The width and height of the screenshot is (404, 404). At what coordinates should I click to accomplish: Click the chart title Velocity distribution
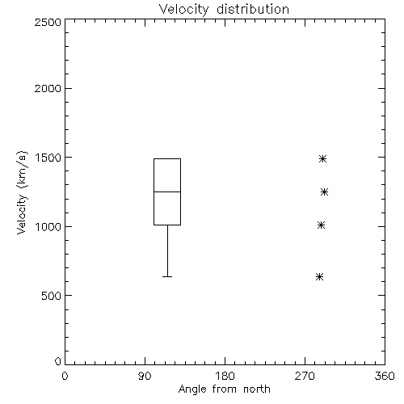point(224,10)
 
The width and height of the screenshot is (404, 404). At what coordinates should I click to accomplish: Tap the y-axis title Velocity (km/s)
point(22,192)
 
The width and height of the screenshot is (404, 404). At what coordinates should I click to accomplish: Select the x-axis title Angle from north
point(224,389)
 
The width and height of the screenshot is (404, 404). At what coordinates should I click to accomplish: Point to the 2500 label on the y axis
point(48,22)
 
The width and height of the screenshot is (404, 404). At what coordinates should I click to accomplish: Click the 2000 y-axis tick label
point(48,88)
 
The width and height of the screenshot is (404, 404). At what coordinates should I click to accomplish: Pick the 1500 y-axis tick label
point(48,158)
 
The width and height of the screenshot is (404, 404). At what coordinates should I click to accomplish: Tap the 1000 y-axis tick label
point(48,226)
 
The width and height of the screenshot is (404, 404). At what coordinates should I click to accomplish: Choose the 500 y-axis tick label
point(52,296)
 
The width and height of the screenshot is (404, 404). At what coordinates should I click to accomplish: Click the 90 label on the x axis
point(145,376)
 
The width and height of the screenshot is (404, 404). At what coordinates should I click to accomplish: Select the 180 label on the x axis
point(225,376)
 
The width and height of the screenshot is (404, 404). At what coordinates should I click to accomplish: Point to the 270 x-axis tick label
point(305,376)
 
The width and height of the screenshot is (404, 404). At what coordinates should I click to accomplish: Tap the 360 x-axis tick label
point(385,376)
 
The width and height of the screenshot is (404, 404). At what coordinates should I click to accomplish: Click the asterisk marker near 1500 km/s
point(322,159)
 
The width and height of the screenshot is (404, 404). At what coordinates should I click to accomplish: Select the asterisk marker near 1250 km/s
point(324,192)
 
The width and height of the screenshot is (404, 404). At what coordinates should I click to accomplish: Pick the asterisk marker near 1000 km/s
point(321,225)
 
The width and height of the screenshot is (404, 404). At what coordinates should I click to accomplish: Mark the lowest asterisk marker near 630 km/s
point(319,276)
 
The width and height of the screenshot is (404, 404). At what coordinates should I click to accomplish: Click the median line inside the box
point(167,191)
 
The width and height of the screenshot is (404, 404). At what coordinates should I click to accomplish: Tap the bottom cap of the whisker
point(167,276)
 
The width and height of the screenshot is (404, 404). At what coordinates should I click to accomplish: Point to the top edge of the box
point(167,159)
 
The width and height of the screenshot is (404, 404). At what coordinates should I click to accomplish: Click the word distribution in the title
point(253,10)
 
